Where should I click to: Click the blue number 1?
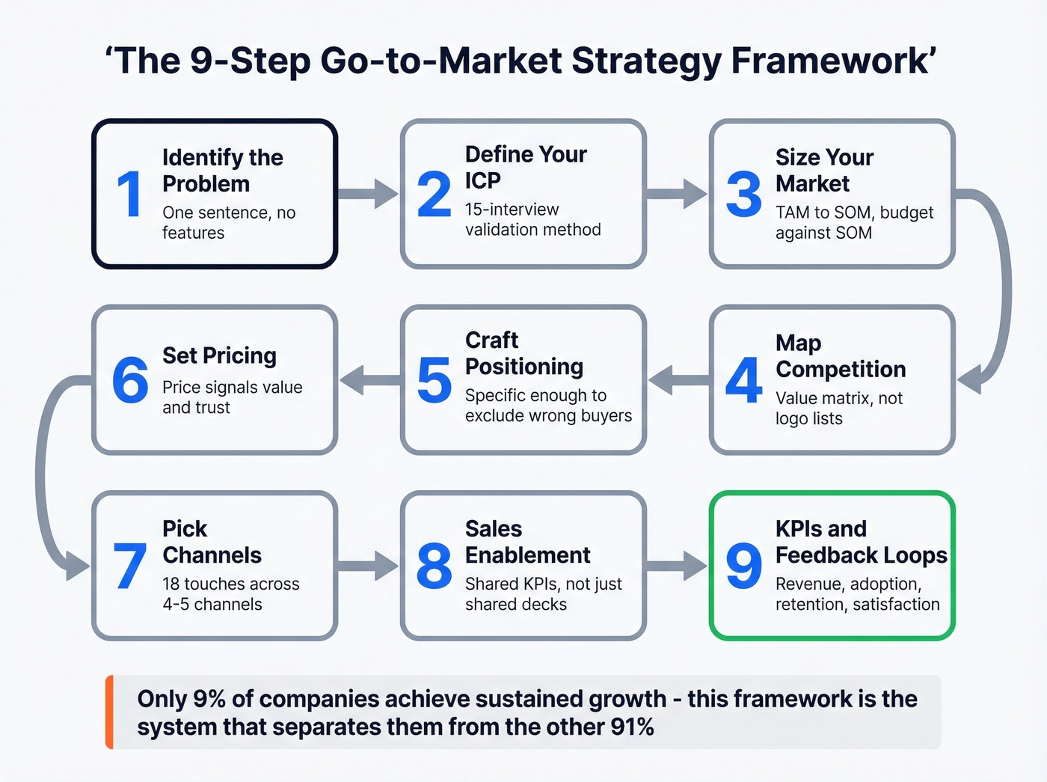(x=129, y=194)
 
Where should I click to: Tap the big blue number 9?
(x=743, y=566)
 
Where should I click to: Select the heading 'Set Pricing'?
(x=219, y=355)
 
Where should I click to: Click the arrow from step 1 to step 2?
(x=369, y=194)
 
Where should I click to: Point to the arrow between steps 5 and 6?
(x=371, y=380)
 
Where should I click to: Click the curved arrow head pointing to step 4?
(x=971, y=380)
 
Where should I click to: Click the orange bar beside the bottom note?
(x=110, y=712)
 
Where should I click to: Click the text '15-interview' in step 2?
(x=512, y=210)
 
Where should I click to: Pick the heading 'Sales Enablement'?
(x=526, y=542)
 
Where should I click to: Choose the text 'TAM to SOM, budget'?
(x=854, y=213)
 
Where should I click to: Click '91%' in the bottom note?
(x=632, y=727)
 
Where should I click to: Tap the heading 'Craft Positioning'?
(x=523, y=353)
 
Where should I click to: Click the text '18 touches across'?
(x=230, y=584)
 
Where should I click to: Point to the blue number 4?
(x=743, y=380)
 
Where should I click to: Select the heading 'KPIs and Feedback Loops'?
(x=860, y=542)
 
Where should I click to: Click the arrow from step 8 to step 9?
(x=677, y=566)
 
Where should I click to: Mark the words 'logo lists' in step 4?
(x=808, y=418)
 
